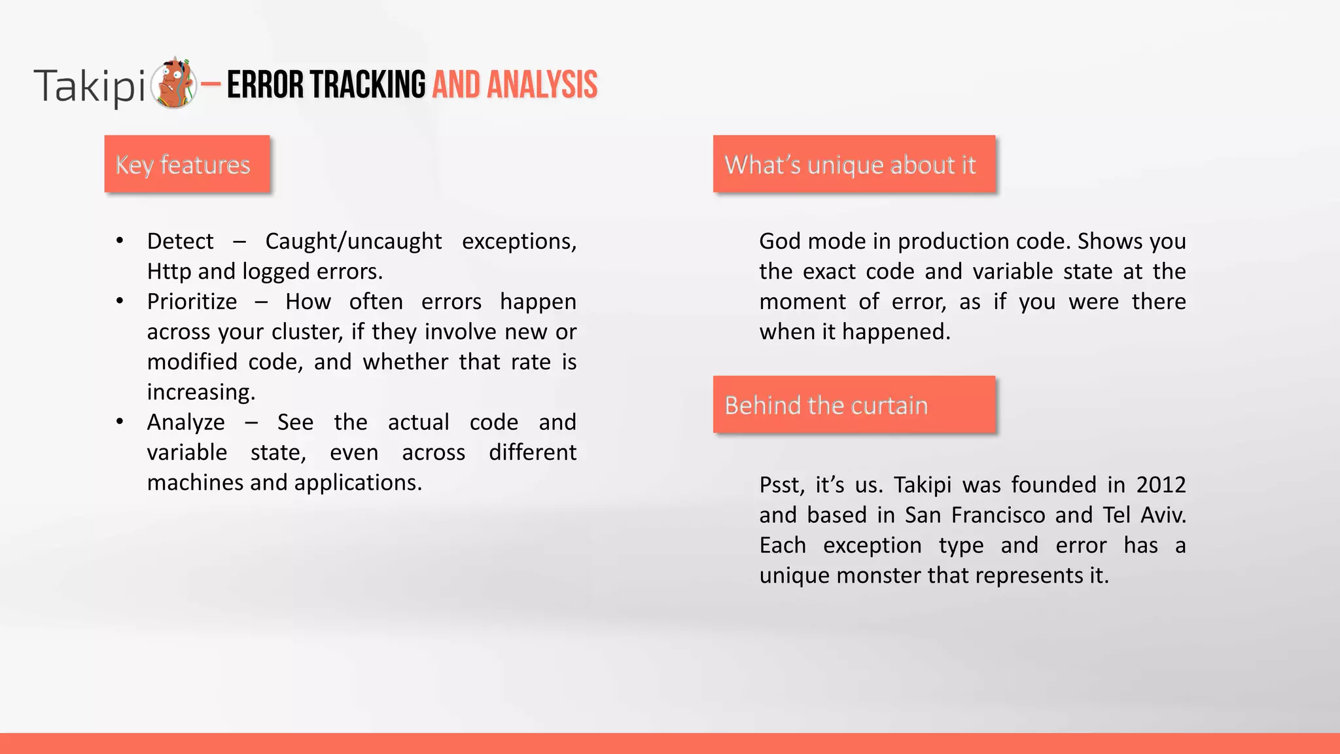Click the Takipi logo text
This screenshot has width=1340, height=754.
coord(89,86)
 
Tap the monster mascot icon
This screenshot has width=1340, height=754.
coord(174,83)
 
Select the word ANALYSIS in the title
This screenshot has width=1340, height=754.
coord(542,85)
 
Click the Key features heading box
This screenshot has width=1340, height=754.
coord(187,164)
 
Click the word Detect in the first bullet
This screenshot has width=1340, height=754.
coord(180,242)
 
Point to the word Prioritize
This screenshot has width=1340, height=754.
coord(192,302)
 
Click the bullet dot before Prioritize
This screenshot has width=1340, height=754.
coord(120,301)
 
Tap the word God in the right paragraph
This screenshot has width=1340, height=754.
coord(780,242)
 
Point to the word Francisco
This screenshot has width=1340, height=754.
coord(998,515)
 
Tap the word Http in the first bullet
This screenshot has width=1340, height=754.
coord(169,272)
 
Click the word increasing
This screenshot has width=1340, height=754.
coord(201,392)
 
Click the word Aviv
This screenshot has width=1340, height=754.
coord(1163,515)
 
